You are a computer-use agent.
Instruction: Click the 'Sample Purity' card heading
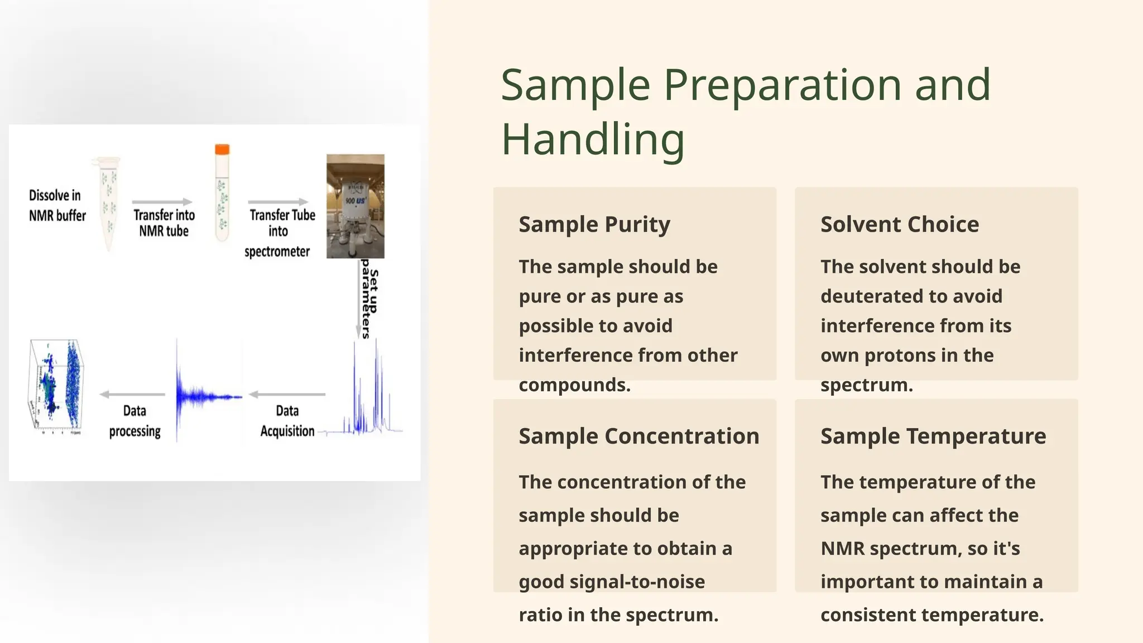[594, 224]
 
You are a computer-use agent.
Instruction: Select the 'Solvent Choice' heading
[900, 224]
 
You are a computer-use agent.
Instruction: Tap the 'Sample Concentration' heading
[639, 436]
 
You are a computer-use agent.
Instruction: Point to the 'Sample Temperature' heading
[933, 436]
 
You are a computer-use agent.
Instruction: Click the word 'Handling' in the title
[593, 140]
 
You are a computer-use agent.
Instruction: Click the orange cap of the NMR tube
[222, 150]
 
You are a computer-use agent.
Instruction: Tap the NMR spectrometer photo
[356, 207]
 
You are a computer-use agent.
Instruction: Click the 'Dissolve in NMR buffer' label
[57, 205]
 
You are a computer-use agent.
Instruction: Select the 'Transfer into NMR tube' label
[164, 223]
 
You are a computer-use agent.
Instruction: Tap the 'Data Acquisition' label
[287, 421]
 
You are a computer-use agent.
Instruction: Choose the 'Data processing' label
[135, 421]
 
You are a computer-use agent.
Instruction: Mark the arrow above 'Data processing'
[132, 395]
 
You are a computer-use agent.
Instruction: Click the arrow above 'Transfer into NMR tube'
[162, 202]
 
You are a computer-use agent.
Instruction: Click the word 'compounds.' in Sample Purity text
[574, 385]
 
